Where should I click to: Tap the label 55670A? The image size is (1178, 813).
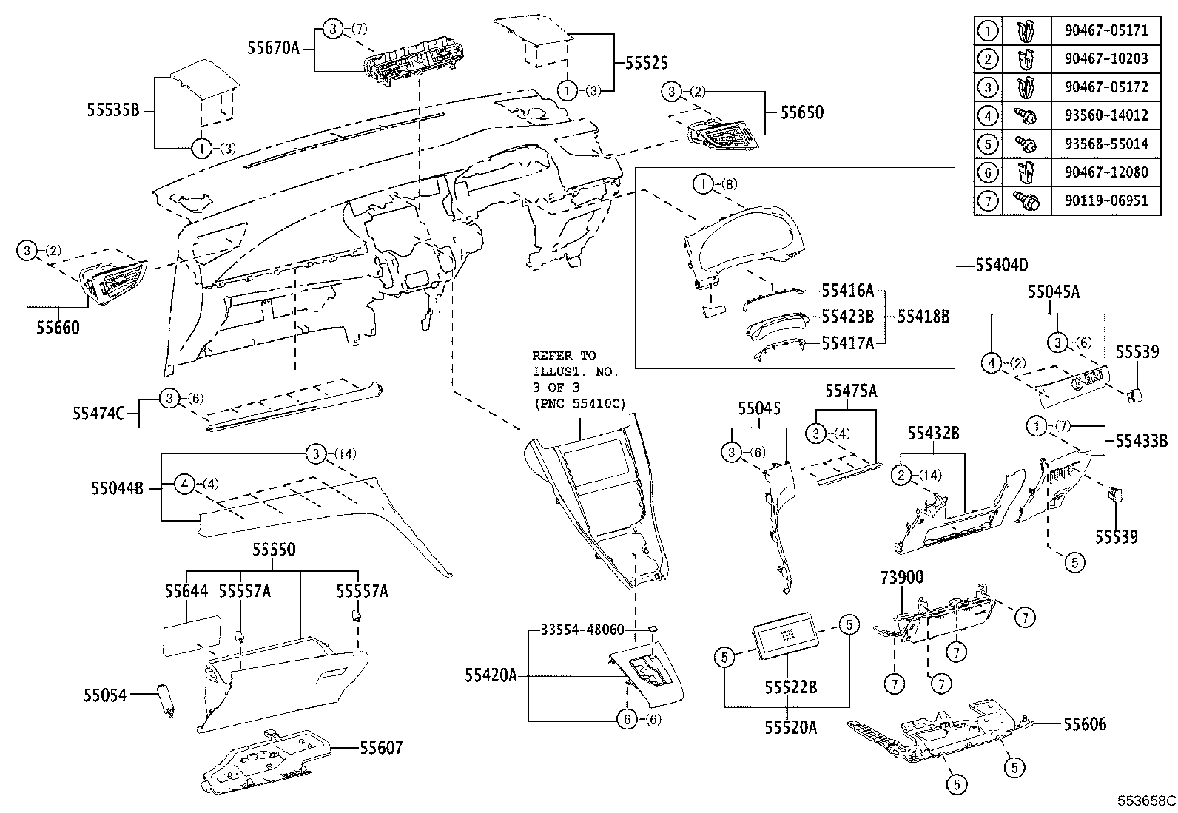click(274, 49)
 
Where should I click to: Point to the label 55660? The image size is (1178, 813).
click(58, 327)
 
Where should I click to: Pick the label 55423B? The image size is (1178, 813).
click(847, 317)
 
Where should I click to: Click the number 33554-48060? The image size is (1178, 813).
click(582, 630)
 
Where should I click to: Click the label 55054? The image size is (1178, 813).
click(104, 695)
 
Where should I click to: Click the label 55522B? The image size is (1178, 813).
click(790, 687)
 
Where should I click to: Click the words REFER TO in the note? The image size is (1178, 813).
click(563, 356)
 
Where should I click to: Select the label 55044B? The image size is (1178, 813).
click(118, 488)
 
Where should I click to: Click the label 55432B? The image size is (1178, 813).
click(933, 434)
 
